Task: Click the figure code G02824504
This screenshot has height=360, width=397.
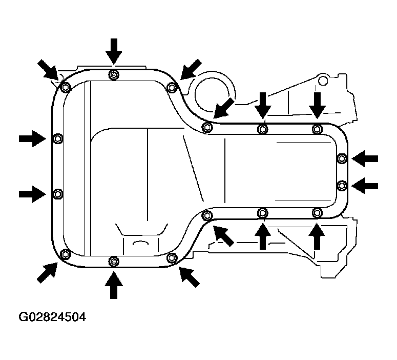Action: pyautogui.click(x=52, y=317)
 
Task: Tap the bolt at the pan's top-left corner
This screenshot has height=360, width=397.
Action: pyautogui.click(x=66, y=88)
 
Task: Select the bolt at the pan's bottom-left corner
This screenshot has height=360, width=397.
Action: pyautogui.click(x=66, y=254)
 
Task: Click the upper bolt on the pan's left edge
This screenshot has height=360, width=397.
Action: pyautogui.click(x=58, y=138)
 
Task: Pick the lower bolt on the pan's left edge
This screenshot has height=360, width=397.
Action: pyautogui.click(x=58, y=194)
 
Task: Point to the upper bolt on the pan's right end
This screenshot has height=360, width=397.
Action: pyautogui.click(x=342, y=158)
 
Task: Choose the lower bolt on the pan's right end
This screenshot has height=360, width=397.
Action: pyautogui.click(x=342, y=186)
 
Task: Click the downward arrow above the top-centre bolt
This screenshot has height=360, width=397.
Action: pyautogui.click(x=114, y=51)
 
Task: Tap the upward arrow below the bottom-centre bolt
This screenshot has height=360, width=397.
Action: pyautogui.click(x=114, y=285)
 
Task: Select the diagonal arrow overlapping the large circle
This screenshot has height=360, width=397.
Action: pyautogui.click(x=223, y=109)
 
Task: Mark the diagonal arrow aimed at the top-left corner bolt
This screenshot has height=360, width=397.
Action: pyautogui.click(x=48, y=70)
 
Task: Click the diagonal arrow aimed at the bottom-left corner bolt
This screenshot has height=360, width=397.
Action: pyautogui.click(x=47, y=272)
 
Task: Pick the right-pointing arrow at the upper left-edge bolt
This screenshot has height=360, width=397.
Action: pyautogui.click(x=32, y=138)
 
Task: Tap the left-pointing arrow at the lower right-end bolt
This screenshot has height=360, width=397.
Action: pyautogui.click(x=365, y=186)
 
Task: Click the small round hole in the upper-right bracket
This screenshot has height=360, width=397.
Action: pyautogui.click(x=323, y=81)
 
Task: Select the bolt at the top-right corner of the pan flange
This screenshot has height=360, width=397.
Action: pyautogui.click(x=317, y=129)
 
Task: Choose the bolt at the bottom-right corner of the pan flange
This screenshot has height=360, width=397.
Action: pyautogui.click(x=317, y=212)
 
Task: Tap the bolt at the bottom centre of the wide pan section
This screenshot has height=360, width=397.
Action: pyautogui.click(x=114, y=262)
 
